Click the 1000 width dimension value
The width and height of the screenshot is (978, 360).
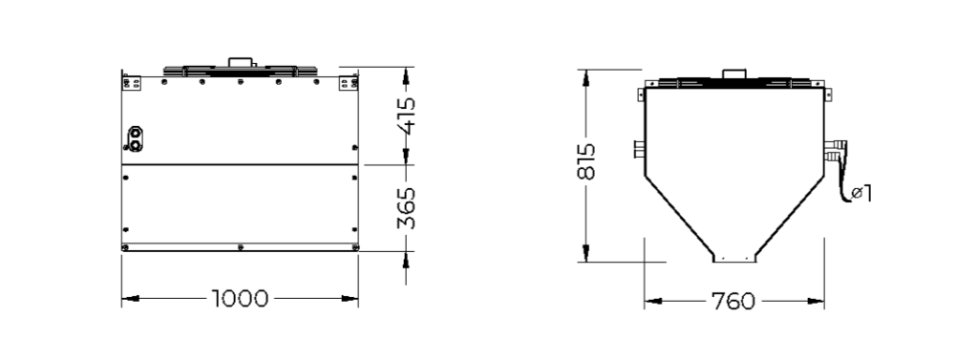(x=240, y=299)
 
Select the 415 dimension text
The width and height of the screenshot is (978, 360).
(x=406, y=116)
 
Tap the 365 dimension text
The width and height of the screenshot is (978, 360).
(x=406, y=208)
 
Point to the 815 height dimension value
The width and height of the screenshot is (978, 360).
(x=586, y=162)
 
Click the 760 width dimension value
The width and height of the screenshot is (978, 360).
(x=733, y=302)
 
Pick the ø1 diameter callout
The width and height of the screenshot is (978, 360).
(x=862, y=194)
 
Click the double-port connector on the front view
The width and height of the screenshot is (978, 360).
(x=135, y=138)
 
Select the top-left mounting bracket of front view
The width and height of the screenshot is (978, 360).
(x=131, y=82)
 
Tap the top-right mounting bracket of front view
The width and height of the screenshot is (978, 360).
(x=349, y=82)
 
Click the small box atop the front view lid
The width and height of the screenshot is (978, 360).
(x=240, y=62)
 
